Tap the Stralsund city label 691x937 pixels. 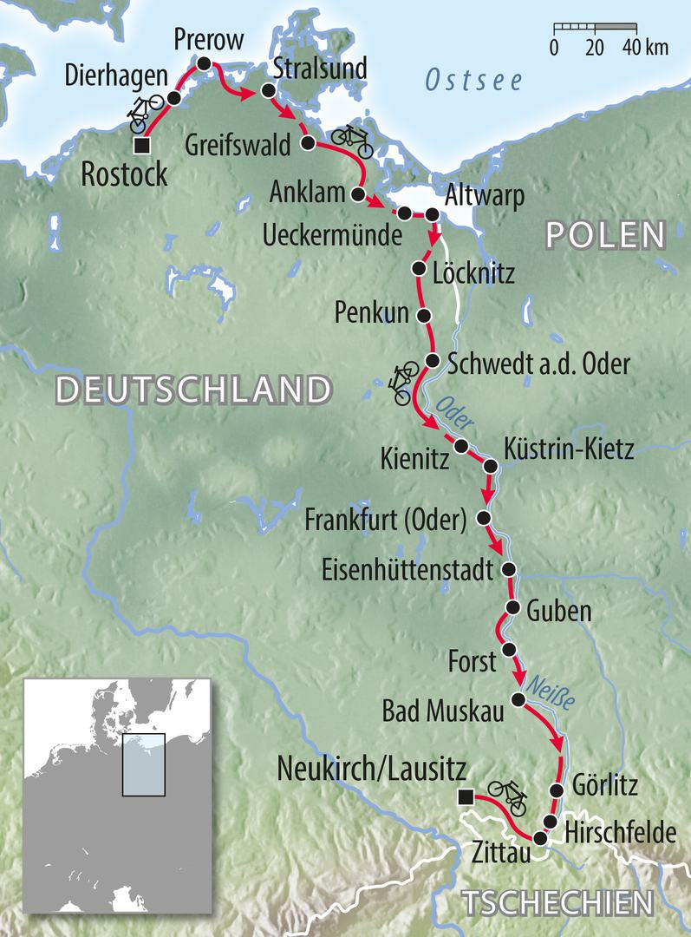(x=319, y=68)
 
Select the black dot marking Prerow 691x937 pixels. (x=204, y=63)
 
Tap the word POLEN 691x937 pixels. (x=603, y=234)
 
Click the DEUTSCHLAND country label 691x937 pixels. (x=193, y=390)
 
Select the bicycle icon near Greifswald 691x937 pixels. (x=352, y=139)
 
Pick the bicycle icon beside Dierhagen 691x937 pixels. (x=145, y=113)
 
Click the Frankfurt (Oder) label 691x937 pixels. (x=386, y=520)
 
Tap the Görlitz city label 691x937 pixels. (x=605, y=787)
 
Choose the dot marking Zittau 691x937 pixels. (x=540, y=838)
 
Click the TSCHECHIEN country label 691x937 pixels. (x=555, y=902)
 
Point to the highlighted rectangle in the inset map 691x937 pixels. (x=143, y=764)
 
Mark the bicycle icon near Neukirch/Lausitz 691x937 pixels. (x=507, y=795)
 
